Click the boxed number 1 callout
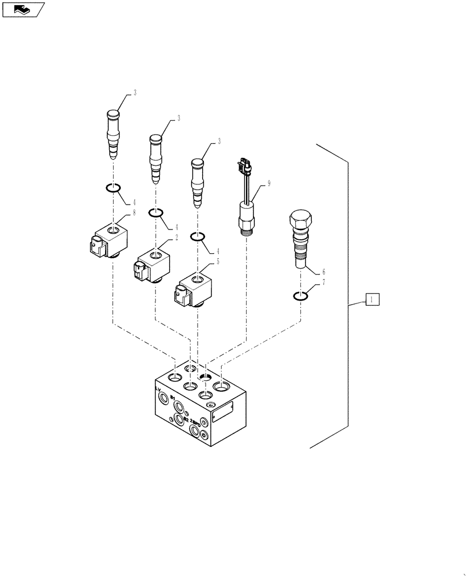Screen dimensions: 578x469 point(373,299)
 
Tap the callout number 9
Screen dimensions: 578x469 point(268,183)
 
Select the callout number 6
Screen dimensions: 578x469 point(323,271)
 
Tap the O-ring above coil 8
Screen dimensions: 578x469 point(113,188)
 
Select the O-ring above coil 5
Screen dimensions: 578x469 point(198,237)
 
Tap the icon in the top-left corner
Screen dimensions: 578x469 point(22,9)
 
